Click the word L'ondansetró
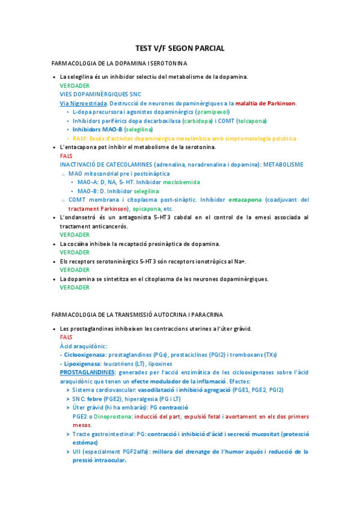coord(79,217)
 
